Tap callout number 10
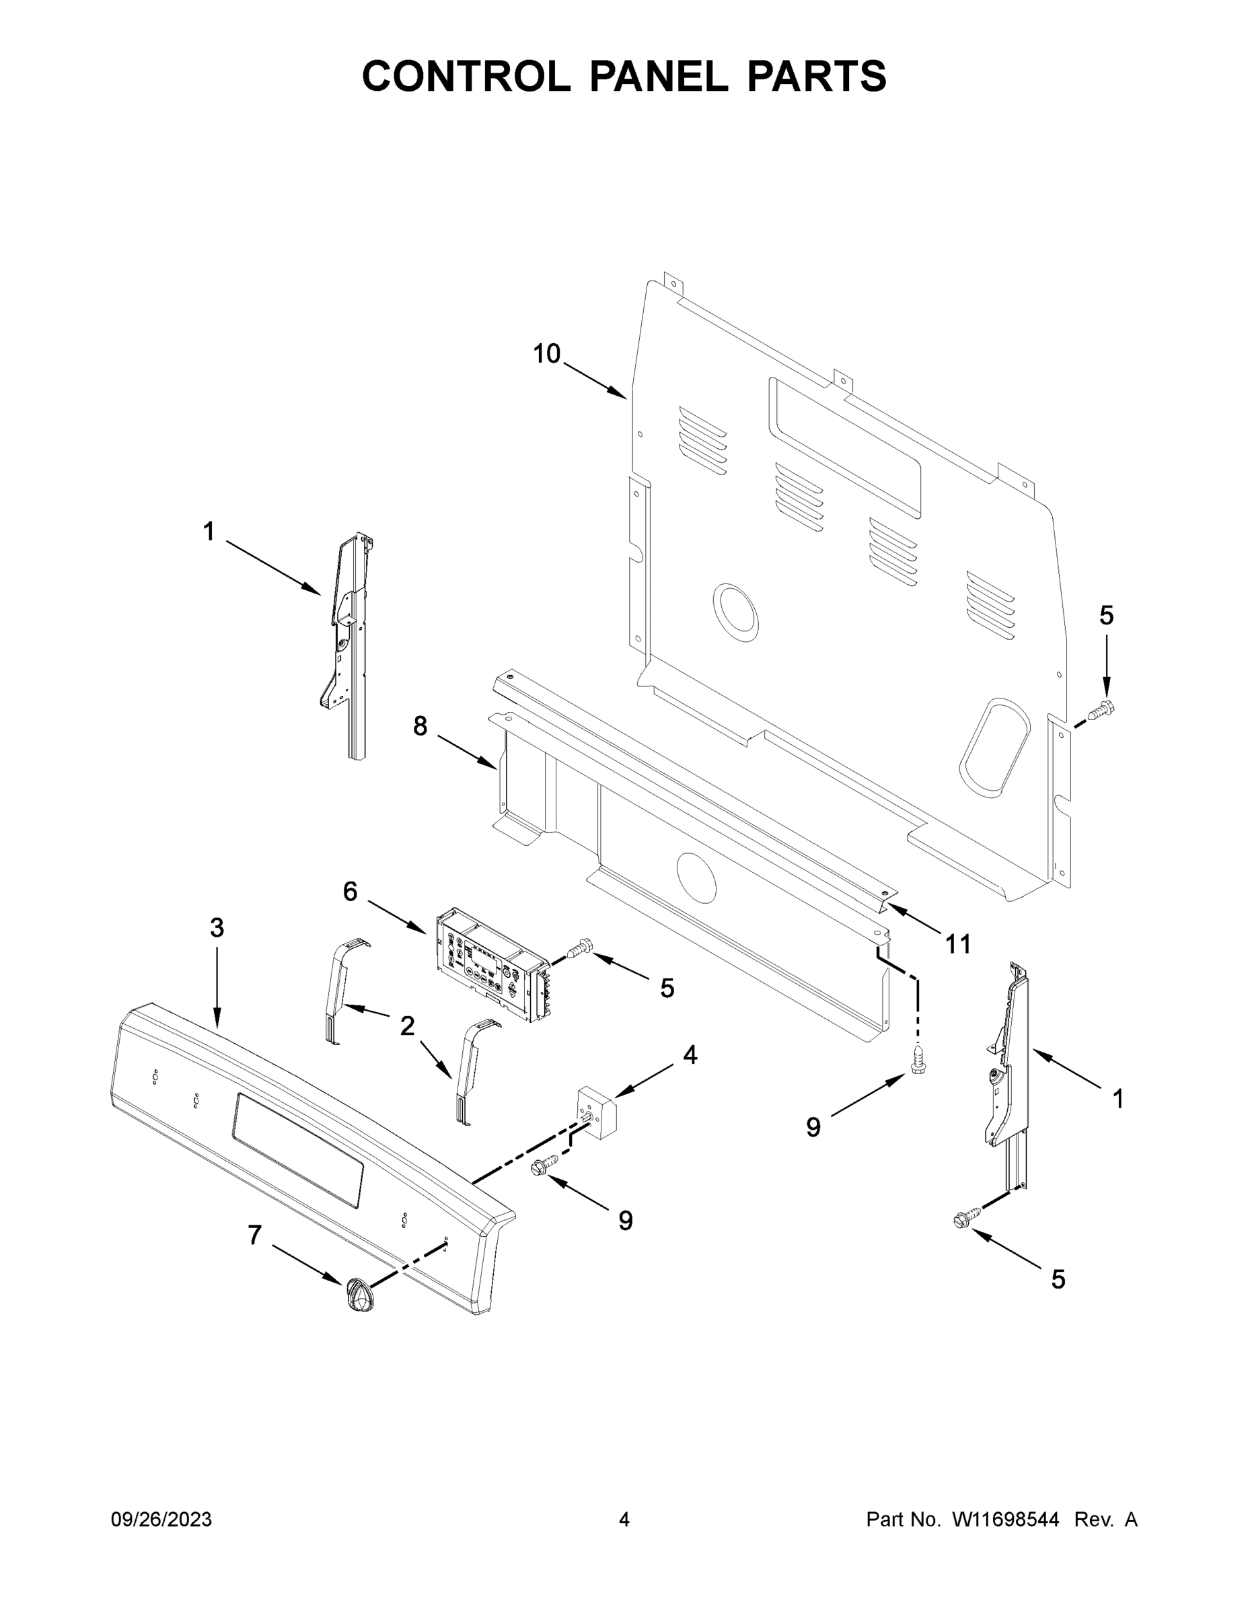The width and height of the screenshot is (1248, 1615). click(546, 354)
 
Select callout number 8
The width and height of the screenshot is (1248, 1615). click(419, 726)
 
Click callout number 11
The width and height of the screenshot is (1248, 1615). click(958, 943)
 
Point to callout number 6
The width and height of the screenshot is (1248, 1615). click(350, 892)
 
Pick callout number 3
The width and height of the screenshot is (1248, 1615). click(217, 927)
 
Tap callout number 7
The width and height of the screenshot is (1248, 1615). click(254, 1234)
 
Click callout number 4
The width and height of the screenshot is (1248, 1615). click(689, 1054)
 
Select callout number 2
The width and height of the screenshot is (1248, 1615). click(406, 1026)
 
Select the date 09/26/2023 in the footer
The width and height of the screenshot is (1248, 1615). click(161, 1519)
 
